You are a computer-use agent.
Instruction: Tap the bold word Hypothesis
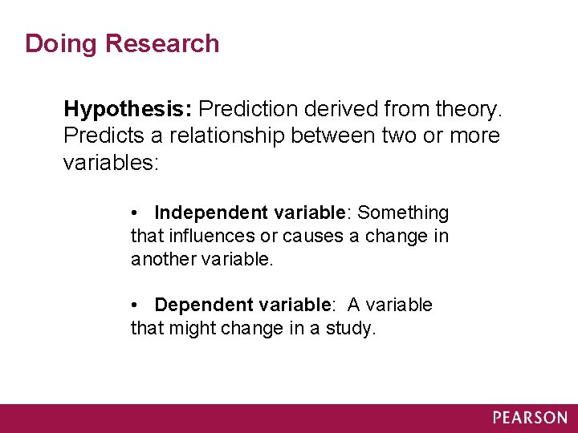click(128, 108)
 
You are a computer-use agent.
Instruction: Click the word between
click(336, 136)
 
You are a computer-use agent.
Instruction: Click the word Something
click(403, 212)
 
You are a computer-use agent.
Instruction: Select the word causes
click(312, 237)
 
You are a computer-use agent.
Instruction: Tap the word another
click(163, 260)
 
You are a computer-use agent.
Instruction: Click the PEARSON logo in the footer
click(530, 418)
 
